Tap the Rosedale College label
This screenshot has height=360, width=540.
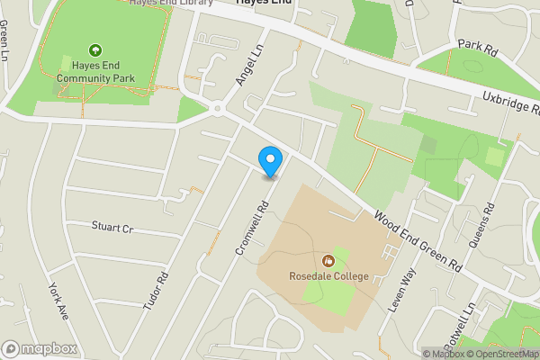328,275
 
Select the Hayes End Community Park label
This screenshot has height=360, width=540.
94,71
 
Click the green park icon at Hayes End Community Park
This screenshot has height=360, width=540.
94,50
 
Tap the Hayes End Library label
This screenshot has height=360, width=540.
171,4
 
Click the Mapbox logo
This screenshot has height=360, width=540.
40,348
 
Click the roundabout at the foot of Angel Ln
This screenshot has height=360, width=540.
217,110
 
